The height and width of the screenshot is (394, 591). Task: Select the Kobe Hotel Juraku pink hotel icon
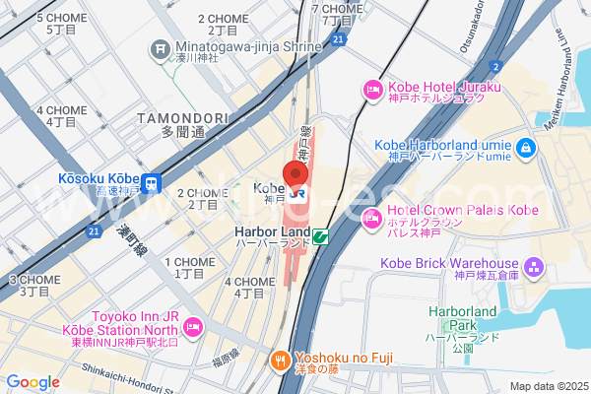point(372,92)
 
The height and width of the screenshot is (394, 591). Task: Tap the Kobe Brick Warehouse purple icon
point(534,267)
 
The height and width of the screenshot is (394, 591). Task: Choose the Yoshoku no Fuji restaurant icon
point(280,361)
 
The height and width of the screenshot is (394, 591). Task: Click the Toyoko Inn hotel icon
point(192,325)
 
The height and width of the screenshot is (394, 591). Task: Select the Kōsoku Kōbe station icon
point(152,183)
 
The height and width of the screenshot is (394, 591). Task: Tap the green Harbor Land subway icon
point(320,235)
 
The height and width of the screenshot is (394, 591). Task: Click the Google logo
point(33,382)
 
